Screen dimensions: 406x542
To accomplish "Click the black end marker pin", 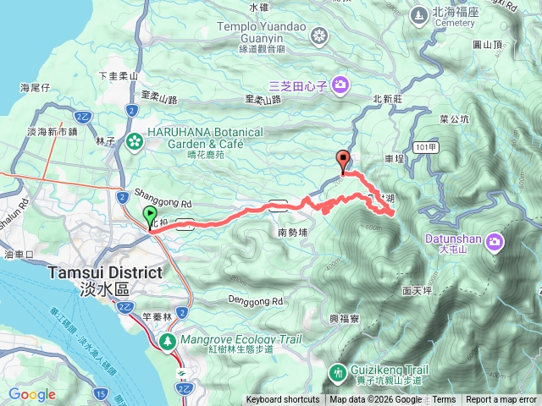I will [343, 161].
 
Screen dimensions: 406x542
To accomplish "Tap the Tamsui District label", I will [105, 272].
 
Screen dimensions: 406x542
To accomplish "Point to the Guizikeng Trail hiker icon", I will [339, 371].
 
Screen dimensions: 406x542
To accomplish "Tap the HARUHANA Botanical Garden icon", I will [134, 140].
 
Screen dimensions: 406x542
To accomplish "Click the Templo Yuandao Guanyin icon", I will [319, 36].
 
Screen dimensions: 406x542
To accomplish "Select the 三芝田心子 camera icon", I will [340, 84].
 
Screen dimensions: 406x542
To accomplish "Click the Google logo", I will [32, 394].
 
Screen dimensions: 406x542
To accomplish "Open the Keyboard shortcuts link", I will [283, 400].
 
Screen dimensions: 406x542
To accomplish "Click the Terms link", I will [444, 400].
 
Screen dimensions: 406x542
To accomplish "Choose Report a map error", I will [501, 400].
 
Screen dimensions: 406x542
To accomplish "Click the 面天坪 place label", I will [418, 290].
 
